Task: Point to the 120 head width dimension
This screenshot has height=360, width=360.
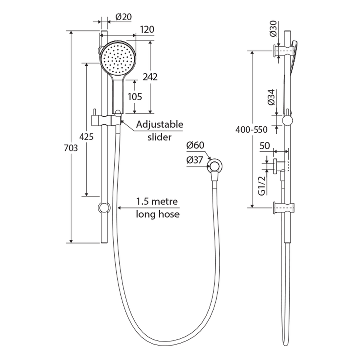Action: point(146,30)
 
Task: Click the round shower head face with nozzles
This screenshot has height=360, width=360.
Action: point(117,59)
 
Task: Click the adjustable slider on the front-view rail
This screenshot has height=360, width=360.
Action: point(106,120)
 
